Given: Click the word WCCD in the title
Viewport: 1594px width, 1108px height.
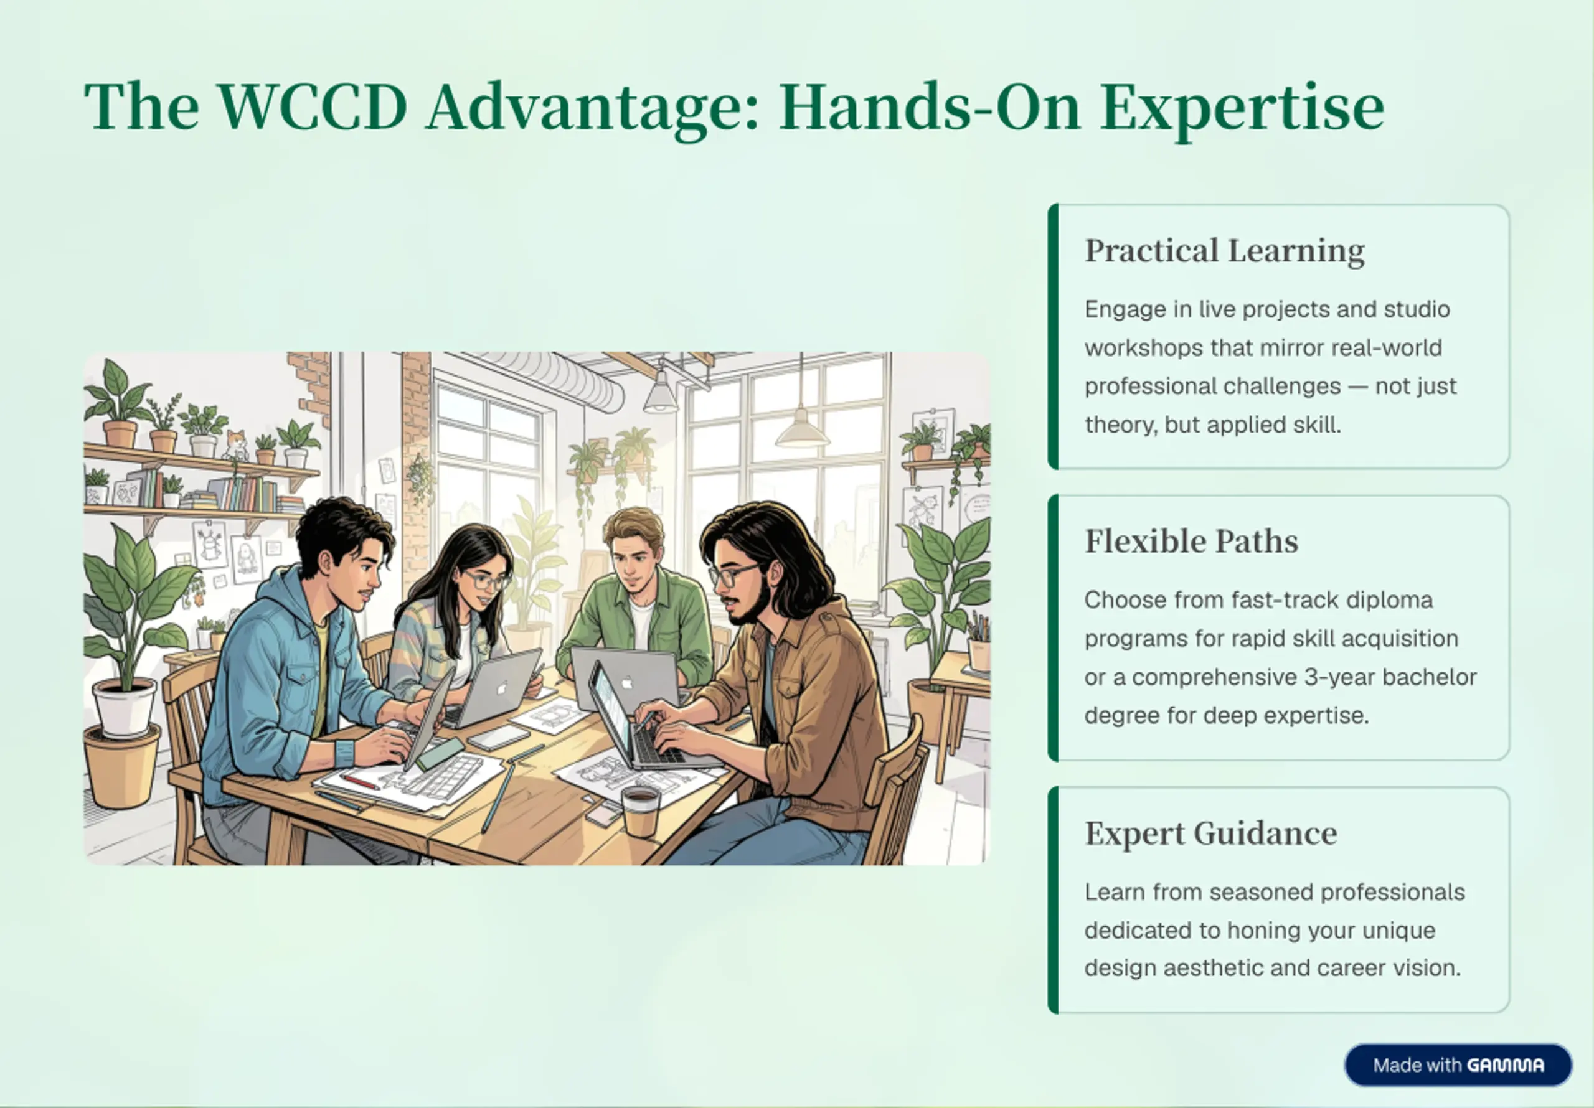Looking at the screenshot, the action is pos(313,106).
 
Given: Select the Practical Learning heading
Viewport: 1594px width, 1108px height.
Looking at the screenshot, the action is pos(1225,251).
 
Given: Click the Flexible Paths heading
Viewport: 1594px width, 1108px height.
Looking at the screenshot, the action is pos(1191,541).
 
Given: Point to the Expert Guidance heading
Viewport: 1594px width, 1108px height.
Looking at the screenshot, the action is pos(1211,833).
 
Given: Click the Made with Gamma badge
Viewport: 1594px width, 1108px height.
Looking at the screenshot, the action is pos(1458,1065).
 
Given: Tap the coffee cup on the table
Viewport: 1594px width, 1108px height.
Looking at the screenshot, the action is pos(639,810).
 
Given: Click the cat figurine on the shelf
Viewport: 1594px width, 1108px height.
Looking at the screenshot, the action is pos(236,446).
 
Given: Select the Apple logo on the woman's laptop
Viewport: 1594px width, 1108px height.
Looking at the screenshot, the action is pos(501,688).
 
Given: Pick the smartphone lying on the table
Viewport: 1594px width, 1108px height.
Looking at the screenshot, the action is pos(499,737).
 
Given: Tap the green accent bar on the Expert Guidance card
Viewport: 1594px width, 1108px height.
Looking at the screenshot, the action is pos(1053,899).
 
